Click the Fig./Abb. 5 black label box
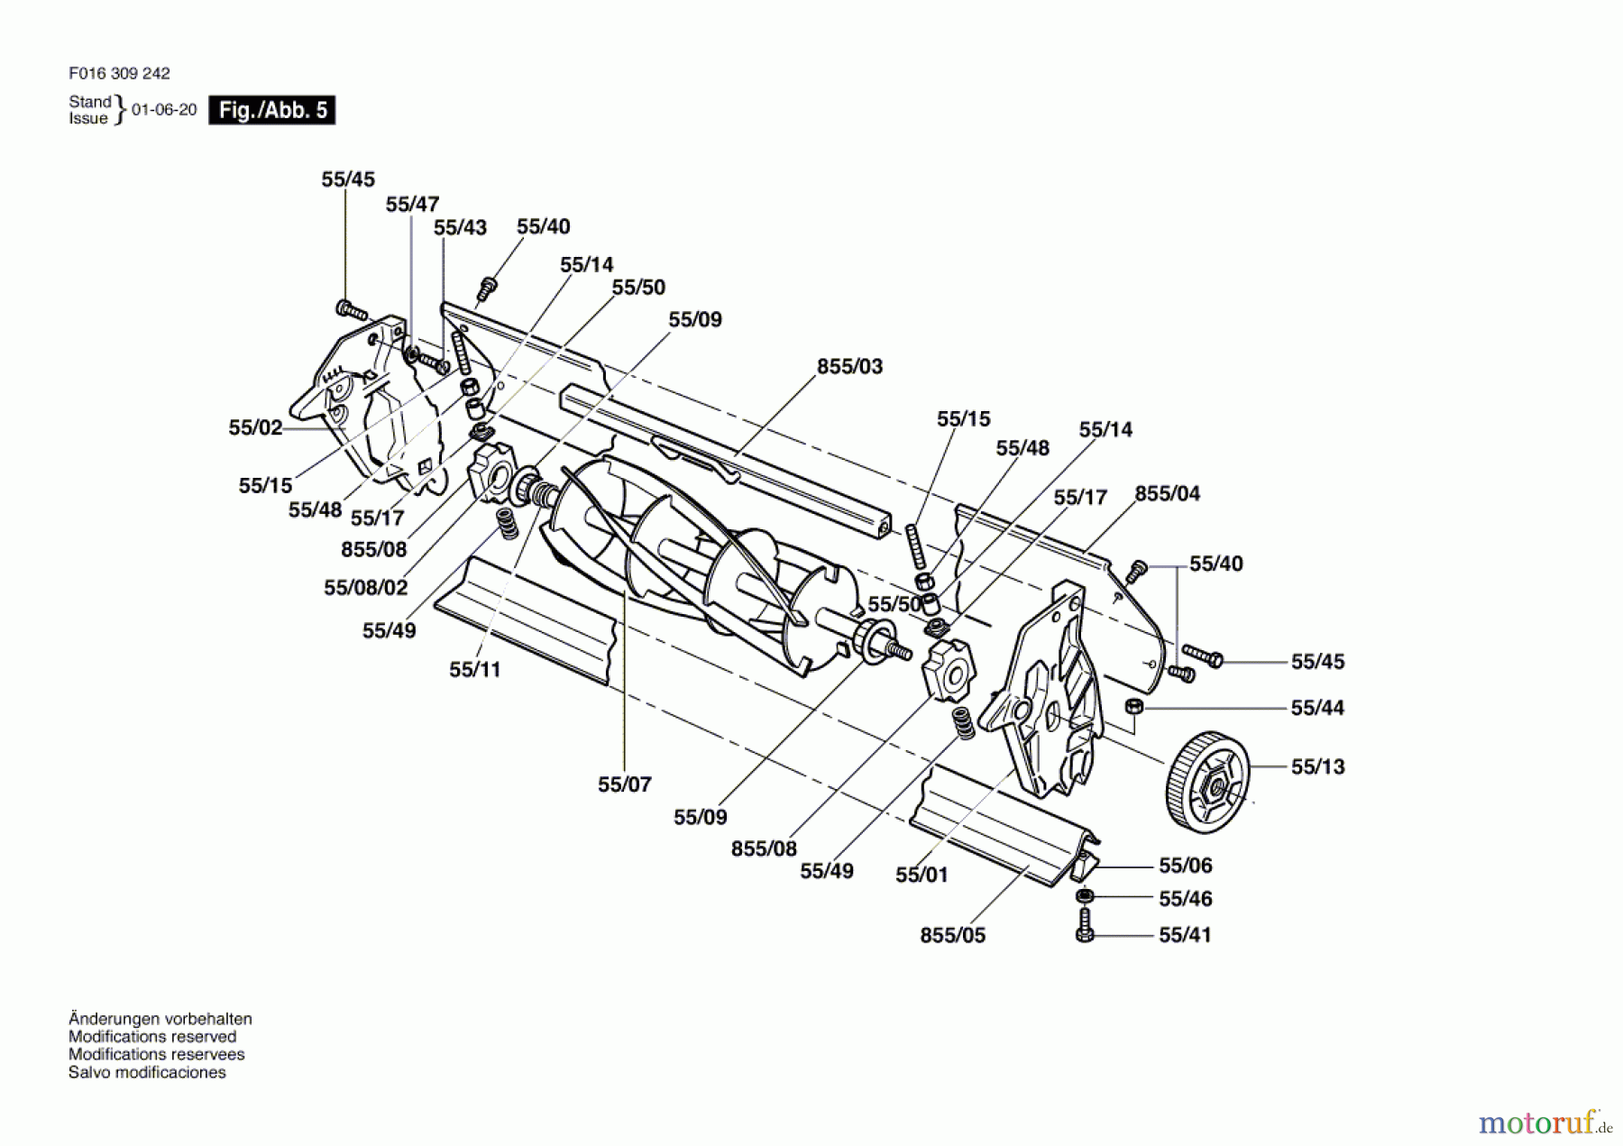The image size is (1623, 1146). pos(271,110)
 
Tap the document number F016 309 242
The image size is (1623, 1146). pos(119,73)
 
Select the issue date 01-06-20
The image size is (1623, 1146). pos(164,110)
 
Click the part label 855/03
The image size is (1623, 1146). pos(849,367)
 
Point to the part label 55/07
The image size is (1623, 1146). pos(624,784)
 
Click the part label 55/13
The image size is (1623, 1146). pos(1317,767)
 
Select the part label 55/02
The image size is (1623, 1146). pos(255,427)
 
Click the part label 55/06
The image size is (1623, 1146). pos(1185,866)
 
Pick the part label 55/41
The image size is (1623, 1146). pos(1185,935)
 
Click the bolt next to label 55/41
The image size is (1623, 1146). pos(1085,925)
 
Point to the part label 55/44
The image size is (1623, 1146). pos(1317,709)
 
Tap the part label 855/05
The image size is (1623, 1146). pos(952,936)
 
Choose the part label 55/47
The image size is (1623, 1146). pos(412,205)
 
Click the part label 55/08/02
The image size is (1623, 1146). pos(366,588)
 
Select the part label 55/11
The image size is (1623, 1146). pos(474,670)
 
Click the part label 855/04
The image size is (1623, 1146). pos(1168,494)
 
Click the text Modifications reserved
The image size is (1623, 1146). pos(152,1037)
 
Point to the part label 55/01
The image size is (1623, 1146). pos(922,875)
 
